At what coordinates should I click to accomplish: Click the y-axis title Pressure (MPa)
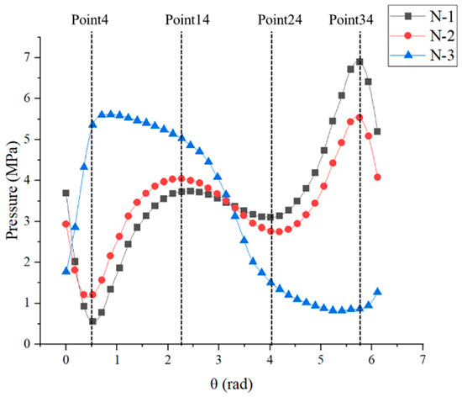coord(12,192)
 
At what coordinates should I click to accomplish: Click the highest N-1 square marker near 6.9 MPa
coord(360,61)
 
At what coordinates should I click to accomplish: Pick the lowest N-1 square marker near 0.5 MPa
coord(92,322)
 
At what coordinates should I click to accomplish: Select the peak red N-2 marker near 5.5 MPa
coord(360,117)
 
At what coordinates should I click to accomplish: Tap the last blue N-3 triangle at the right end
coord(377,292)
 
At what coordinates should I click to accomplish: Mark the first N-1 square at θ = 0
coord(66,193)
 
